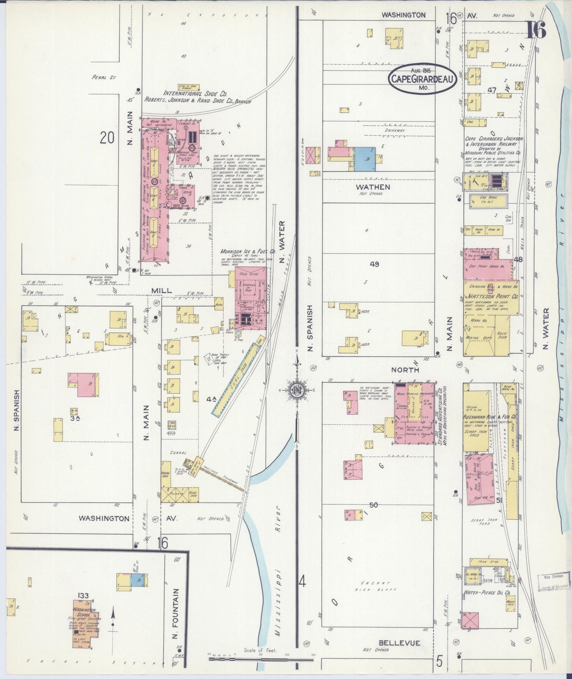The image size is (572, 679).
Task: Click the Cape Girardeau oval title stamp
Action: tap(422, 79)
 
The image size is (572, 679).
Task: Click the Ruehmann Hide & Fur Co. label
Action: tap(490, 417)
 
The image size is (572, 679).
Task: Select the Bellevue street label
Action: tap(399, 643)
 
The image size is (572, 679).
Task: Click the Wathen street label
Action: tap(372, 187)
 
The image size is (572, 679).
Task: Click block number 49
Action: tap(374, 264)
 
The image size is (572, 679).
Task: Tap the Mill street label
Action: tap(162, 290)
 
